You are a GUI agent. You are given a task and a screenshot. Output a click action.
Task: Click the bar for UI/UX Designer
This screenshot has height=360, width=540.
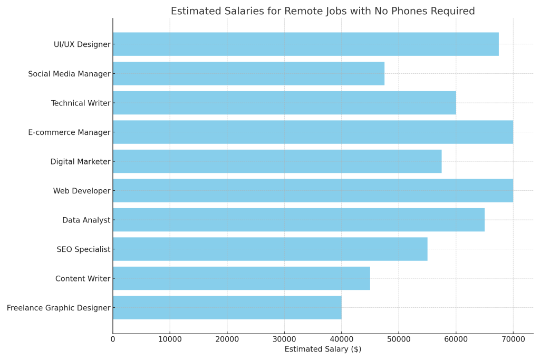coord(305,44)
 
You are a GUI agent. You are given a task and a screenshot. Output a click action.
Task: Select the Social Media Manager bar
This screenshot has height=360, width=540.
coord(248,74)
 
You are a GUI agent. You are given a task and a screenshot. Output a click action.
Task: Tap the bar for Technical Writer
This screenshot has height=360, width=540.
coord(284,103)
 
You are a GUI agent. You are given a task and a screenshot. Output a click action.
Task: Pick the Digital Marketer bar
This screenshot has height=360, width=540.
coord(277,161)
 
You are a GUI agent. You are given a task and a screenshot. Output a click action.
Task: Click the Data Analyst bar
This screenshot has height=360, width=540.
coord(298,220)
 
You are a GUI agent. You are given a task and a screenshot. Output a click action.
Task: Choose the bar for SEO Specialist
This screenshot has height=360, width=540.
coord(270,249)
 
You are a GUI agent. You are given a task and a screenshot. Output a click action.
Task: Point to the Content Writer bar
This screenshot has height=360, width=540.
coord(241,278)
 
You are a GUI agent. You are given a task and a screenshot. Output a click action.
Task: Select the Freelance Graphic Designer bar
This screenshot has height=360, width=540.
coord(227,307)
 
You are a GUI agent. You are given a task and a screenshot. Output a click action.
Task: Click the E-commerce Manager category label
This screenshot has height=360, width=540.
coord(69,132)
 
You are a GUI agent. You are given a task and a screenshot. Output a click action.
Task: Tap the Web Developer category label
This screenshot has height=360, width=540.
coord(82,191)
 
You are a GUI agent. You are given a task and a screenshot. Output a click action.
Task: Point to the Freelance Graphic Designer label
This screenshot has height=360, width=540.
coord(59,308)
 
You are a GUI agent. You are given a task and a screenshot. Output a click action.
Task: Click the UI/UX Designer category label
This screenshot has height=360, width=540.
coord(82,45)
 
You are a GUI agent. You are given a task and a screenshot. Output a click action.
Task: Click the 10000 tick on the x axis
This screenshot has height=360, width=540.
coord(170,339)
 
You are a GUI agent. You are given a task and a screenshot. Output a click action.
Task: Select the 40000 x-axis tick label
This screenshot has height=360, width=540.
coord(341,339)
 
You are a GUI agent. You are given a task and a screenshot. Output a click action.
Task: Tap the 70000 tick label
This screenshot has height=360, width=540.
coord(513,339)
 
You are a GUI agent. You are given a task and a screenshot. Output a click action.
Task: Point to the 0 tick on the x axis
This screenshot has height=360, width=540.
coord(113,339)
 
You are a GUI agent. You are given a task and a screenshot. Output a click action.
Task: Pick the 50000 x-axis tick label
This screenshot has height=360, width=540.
coord(399,339)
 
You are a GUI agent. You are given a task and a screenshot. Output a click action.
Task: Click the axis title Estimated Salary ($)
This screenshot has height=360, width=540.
coord(323,349)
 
